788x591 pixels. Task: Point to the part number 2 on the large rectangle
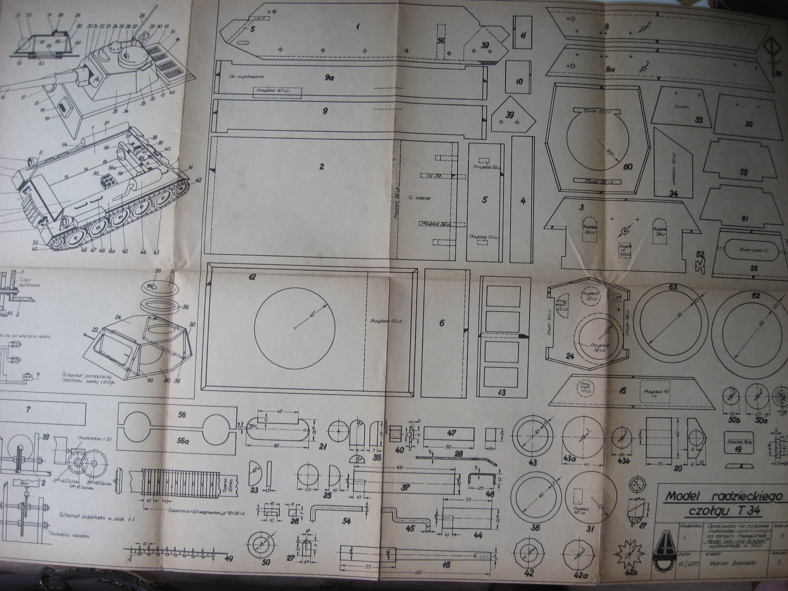pyautogui.click(x=321, y=166)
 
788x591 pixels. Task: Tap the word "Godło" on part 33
pyautogui.click(x=681, y=107)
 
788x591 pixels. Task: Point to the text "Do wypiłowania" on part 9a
pyautogui.click(x=246, y=76)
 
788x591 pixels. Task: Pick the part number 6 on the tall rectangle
pyautogui.click(x=442, y=323)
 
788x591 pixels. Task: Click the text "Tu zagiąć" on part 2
pyautogui.click(x=420, y=198)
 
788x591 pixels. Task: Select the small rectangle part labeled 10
pyautogui.click(x=519, y=81)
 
